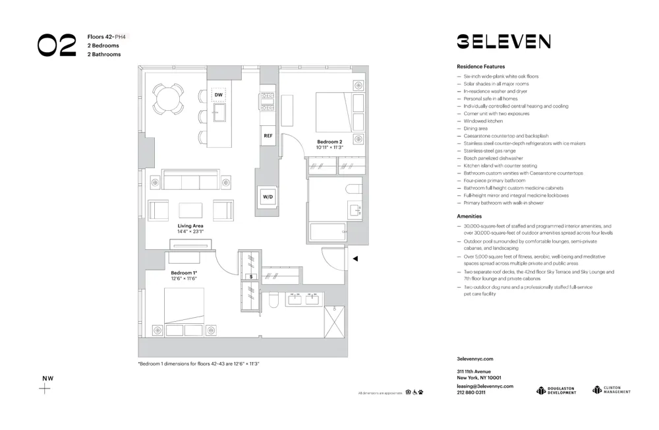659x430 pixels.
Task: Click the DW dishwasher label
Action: click(219, 95)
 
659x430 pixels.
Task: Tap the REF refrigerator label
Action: click(268, 136)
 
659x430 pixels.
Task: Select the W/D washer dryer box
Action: click(268, 197)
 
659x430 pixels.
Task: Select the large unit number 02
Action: click(57, 46)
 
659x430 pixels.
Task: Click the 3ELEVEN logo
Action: click(503, 42)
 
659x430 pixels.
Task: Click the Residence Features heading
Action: click(480, 67)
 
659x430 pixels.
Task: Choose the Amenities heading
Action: click(469, 216)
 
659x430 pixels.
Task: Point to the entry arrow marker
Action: click(355, 259)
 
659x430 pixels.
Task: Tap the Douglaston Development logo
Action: click(557, 390)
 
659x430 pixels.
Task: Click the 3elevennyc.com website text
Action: click(474, 359)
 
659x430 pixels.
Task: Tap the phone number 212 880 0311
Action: click(471, 392)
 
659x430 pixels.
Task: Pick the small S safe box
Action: click(250, 276)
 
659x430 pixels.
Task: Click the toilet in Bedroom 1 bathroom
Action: click(273, 301)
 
